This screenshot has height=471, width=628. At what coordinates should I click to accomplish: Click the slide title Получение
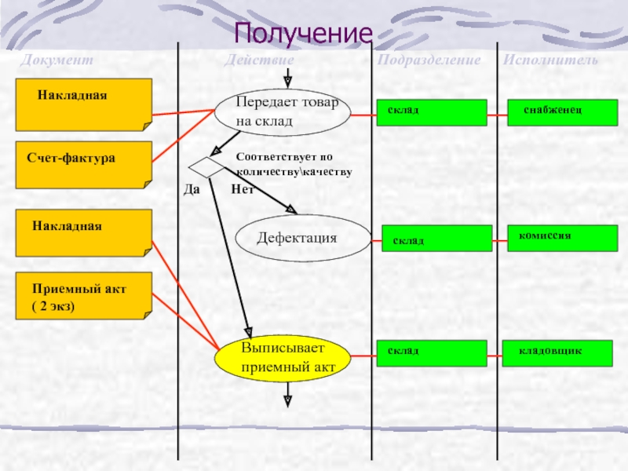(301, 34)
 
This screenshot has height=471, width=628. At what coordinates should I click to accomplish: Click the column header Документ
(57, 60)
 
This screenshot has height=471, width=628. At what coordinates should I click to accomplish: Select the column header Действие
(259, 60)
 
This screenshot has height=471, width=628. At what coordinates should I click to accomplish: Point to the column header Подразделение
(429, 60)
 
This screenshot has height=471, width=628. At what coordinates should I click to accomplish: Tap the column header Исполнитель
(550, 60)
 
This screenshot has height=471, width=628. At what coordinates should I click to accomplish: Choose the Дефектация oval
(302, 238)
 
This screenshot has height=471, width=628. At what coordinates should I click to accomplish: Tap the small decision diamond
(206, 167)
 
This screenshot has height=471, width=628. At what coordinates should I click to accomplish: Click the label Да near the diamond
(192, 189)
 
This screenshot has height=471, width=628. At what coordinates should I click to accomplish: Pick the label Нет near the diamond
(240, 189)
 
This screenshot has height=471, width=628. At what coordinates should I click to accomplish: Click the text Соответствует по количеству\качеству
(294, 164)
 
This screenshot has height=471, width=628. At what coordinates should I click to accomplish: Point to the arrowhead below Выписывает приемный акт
(288, 401)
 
